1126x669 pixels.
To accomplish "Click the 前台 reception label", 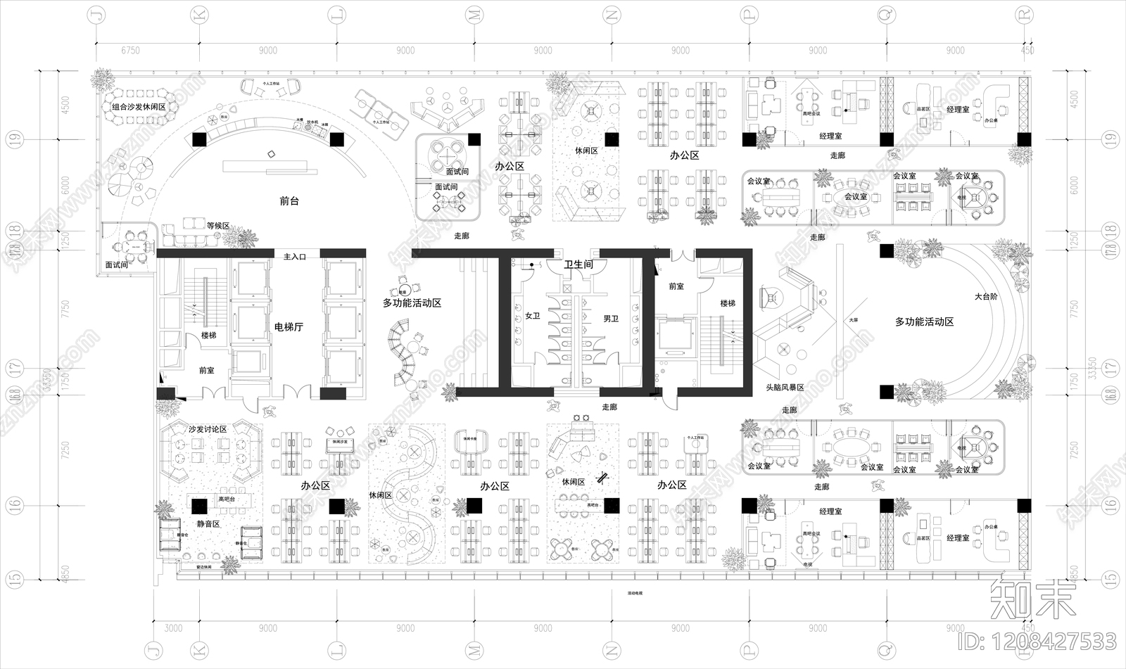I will click(x=289, y=201).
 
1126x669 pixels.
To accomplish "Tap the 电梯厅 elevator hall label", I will click(x=289, y=327).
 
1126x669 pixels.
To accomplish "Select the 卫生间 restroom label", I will click(x=578, y=265).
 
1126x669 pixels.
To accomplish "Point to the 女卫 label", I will click(x=533, y=317).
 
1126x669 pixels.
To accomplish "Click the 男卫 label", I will click(x=611, y=319).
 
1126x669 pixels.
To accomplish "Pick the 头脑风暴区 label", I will click(x=785, y=388).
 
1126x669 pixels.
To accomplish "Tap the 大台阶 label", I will click(x=986, y=297).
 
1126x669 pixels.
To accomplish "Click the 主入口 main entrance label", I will click(x=294, y=257).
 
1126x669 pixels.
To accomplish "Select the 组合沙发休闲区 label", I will click(x=139, y=107).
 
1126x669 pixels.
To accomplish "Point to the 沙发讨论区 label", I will click(x=207, y=429).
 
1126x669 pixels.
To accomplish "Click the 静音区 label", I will click(x=208, y=524).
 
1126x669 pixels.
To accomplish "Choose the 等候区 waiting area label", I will click(x=218, y=226).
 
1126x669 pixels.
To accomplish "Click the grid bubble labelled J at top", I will click(x=96, y=15).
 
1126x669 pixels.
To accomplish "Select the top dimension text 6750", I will click(x=130, y=51).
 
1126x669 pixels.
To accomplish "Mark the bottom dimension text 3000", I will click(x=173, y=628).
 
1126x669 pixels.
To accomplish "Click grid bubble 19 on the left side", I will click(x=15, y=139).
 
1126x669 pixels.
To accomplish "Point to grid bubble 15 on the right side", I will click(x=1111, y=579).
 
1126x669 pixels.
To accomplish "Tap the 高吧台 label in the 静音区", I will click(x=227, y=499).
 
